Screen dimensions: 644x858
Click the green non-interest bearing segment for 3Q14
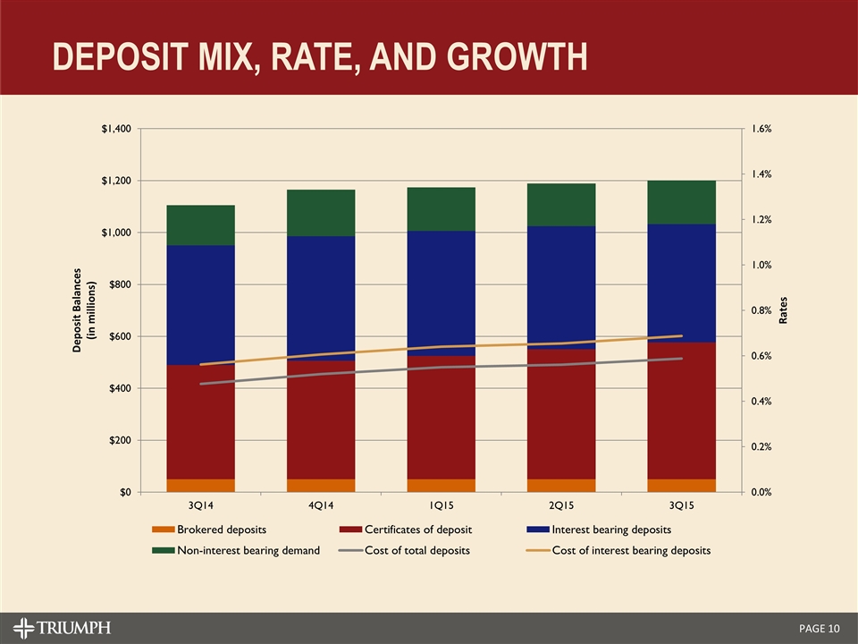pyautogui.click(x=200, y=225)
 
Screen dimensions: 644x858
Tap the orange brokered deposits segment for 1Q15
pyautogui.click(x=441, y=485)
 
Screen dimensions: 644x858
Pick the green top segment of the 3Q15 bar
pyautogui.click(x=681, y=202)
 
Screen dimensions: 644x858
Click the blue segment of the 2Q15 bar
pyautogui.click(x=561, y=286)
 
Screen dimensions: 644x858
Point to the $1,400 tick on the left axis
pyautogui.click(x=115, y=130)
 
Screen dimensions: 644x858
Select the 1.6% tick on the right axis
pyautogui.click(x=761, y=130)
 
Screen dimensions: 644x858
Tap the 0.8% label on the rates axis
pyautogui.click(x=761, y=310)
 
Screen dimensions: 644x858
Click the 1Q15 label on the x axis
pyautogui.click(x=441, y=507)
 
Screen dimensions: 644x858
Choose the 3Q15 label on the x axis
pyautogui.click(x=681, y=507)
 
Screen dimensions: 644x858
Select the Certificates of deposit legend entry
pyautogui.click(x=416, y=531)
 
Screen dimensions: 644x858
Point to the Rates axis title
pyautogui.click(x=784, y=310)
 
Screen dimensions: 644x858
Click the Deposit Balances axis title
pyautogui.click(x=83, y=310)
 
